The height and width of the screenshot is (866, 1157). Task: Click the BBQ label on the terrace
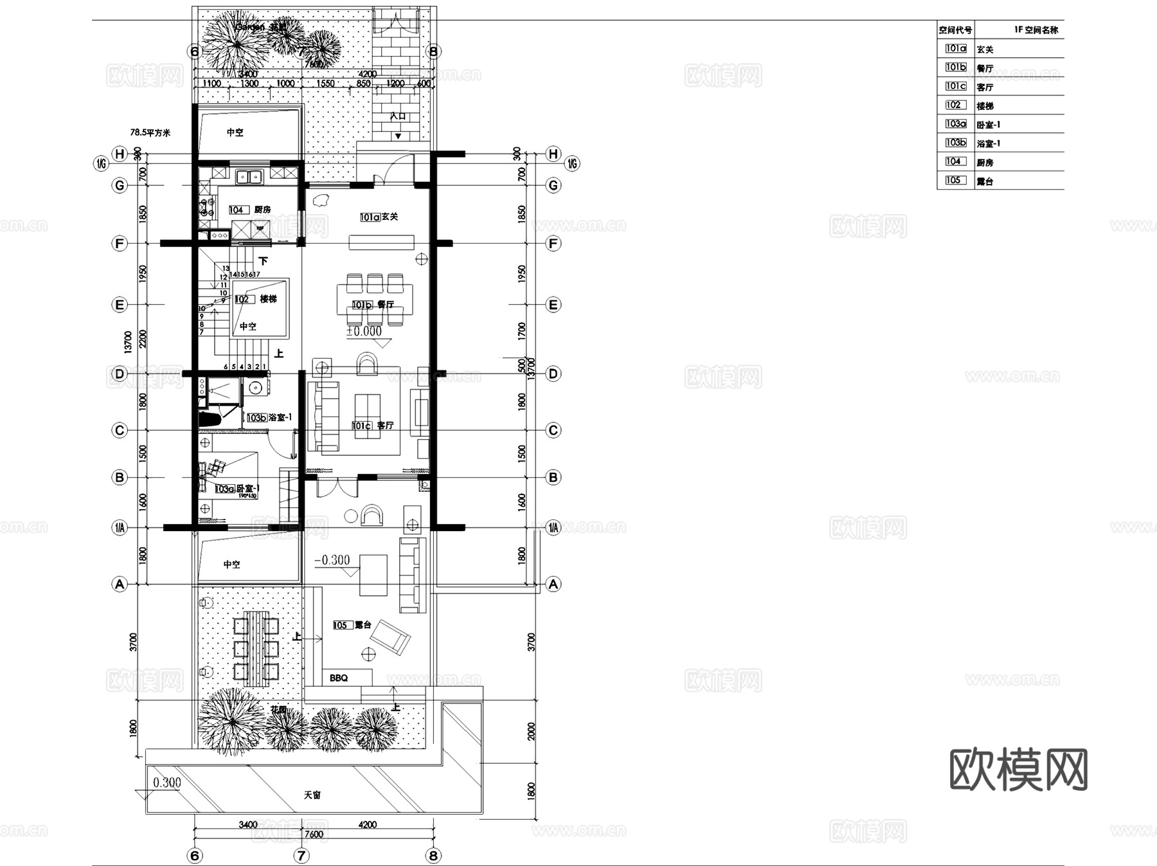(339, 678)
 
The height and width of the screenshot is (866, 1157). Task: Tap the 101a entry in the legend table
(956, 49)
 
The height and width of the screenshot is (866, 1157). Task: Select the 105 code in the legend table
(955, 181)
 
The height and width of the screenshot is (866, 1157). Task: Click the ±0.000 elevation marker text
(364, 332)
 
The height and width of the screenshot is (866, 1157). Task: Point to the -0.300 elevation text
(332, 561)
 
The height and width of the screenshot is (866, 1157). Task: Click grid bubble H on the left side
(120, 154)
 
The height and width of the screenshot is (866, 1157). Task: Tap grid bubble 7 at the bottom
(301, 856)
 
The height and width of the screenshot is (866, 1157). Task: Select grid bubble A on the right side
(553, 584)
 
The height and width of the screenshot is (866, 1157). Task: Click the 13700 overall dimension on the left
(128, 342)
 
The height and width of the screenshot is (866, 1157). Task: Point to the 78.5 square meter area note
(150, 132)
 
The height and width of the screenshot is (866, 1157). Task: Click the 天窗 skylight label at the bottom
(312, 795)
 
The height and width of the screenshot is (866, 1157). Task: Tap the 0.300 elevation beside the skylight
(167, 782)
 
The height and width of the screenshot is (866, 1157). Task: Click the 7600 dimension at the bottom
(313, 834)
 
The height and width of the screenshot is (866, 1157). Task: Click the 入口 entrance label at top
(398, 116)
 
